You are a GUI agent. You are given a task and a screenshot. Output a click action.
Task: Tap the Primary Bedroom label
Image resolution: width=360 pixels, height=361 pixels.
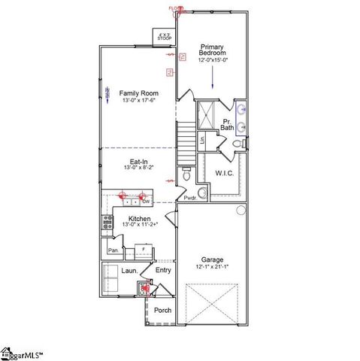pyautogui.click(x=213, y=50)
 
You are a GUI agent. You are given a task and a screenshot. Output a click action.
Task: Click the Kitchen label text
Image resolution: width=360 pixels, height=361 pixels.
pyautogui.click(x=139, y=218)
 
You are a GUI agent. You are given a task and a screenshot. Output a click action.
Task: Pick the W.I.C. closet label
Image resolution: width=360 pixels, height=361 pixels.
pyautogui.click(x=224, y=173)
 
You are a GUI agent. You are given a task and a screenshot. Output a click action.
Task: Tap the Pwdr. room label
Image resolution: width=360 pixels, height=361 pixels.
pyautogui.click(x=190, y=198)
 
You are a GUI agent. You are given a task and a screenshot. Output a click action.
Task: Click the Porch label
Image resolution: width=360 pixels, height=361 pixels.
pyautogui.click(x=162, y=310)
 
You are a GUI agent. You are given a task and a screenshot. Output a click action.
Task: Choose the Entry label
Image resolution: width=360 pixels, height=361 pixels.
pyautogui.click(x=163, y=270)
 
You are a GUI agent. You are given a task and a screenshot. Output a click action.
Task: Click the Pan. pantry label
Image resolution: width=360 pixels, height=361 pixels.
pyautogui.click(x=113, y=250)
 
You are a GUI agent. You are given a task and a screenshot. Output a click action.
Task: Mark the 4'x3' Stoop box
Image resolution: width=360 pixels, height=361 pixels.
pyautogui.click(x=164, y=35)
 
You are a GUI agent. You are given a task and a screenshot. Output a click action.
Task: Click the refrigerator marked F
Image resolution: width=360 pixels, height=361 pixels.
pyautogui.click(x=144, y=249)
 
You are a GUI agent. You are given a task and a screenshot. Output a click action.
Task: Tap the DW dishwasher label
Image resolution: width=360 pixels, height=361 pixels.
pyautogui.click(x=147, y=202)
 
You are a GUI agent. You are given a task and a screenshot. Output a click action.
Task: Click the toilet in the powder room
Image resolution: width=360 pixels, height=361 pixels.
pyautogui.click(x=186, y=176)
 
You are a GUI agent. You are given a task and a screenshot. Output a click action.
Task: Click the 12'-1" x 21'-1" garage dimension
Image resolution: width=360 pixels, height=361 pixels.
pyautogui.click(x=212, y=266)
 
